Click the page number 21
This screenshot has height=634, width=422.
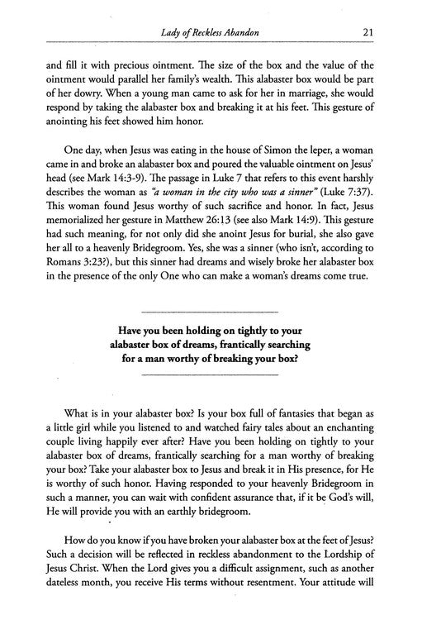pos(369,32)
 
